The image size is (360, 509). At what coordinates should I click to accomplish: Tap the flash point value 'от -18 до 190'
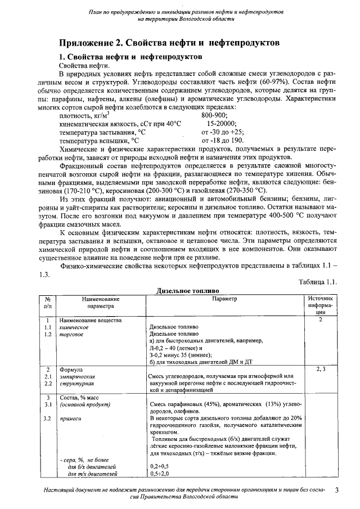tap(223, 140)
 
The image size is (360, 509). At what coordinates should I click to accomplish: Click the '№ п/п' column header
tap(48, 303)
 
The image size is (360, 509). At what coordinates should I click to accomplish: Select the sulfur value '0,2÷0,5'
tap(159, 466)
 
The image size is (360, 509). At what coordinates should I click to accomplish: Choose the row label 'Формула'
tap(71, 368)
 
